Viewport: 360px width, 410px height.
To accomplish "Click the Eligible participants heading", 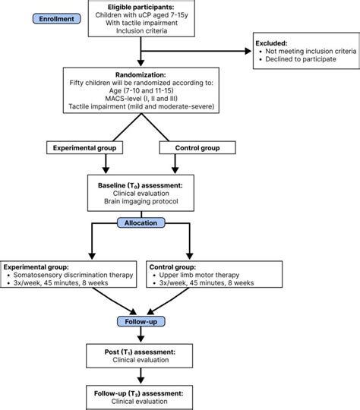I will [x=141, y=7].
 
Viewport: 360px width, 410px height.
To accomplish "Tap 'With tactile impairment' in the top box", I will [x=141, y=25].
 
